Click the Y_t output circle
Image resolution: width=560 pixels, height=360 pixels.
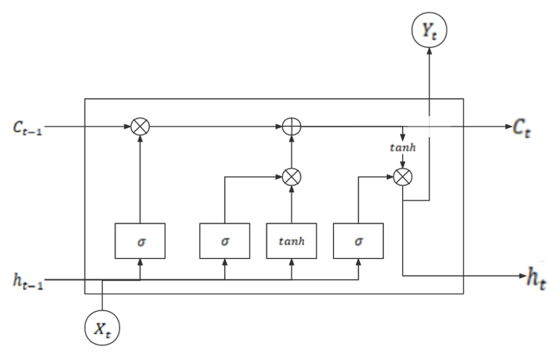(x=428, y=31)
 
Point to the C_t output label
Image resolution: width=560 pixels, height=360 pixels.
(x=521, y=127)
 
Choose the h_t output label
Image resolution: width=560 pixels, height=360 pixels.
(x=535, y=279)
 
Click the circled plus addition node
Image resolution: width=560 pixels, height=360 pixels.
(x=292, y=127)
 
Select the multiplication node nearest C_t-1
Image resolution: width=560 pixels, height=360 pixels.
(x=140, y=127)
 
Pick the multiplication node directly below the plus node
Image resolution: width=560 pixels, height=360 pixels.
(x=292, y=176)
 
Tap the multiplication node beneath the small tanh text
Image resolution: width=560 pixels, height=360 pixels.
(x=402, y=176)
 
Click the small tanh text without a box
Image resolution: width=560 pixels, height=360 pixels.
(x=402, y=148)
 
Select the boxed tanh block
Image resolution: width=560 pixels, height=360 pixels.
(x=292, y=241)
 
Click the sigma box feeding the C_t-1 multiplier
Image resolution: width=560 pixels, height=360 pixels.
(x=140, y=241)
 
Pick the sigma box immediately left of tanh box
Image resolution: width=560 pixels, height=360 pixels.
(x=224, y=241)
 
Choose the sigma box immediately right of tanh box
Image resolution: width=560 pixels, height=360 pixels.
(x=358, y=241)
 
